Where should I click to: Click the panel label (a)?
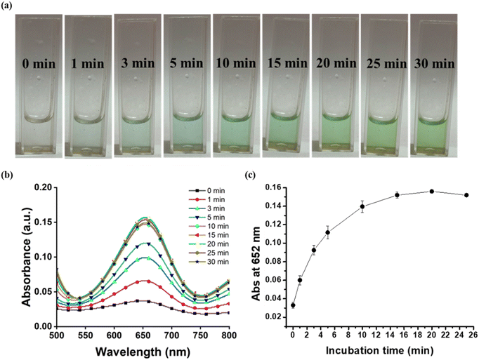click(x=9, y=6)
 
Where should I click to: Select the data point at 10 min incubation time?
click(x=362, y=206)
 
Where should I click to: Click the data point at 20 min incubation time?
click(x=431, y=191)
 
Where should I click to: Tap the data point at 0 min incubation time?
click(x=293, y=305)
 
